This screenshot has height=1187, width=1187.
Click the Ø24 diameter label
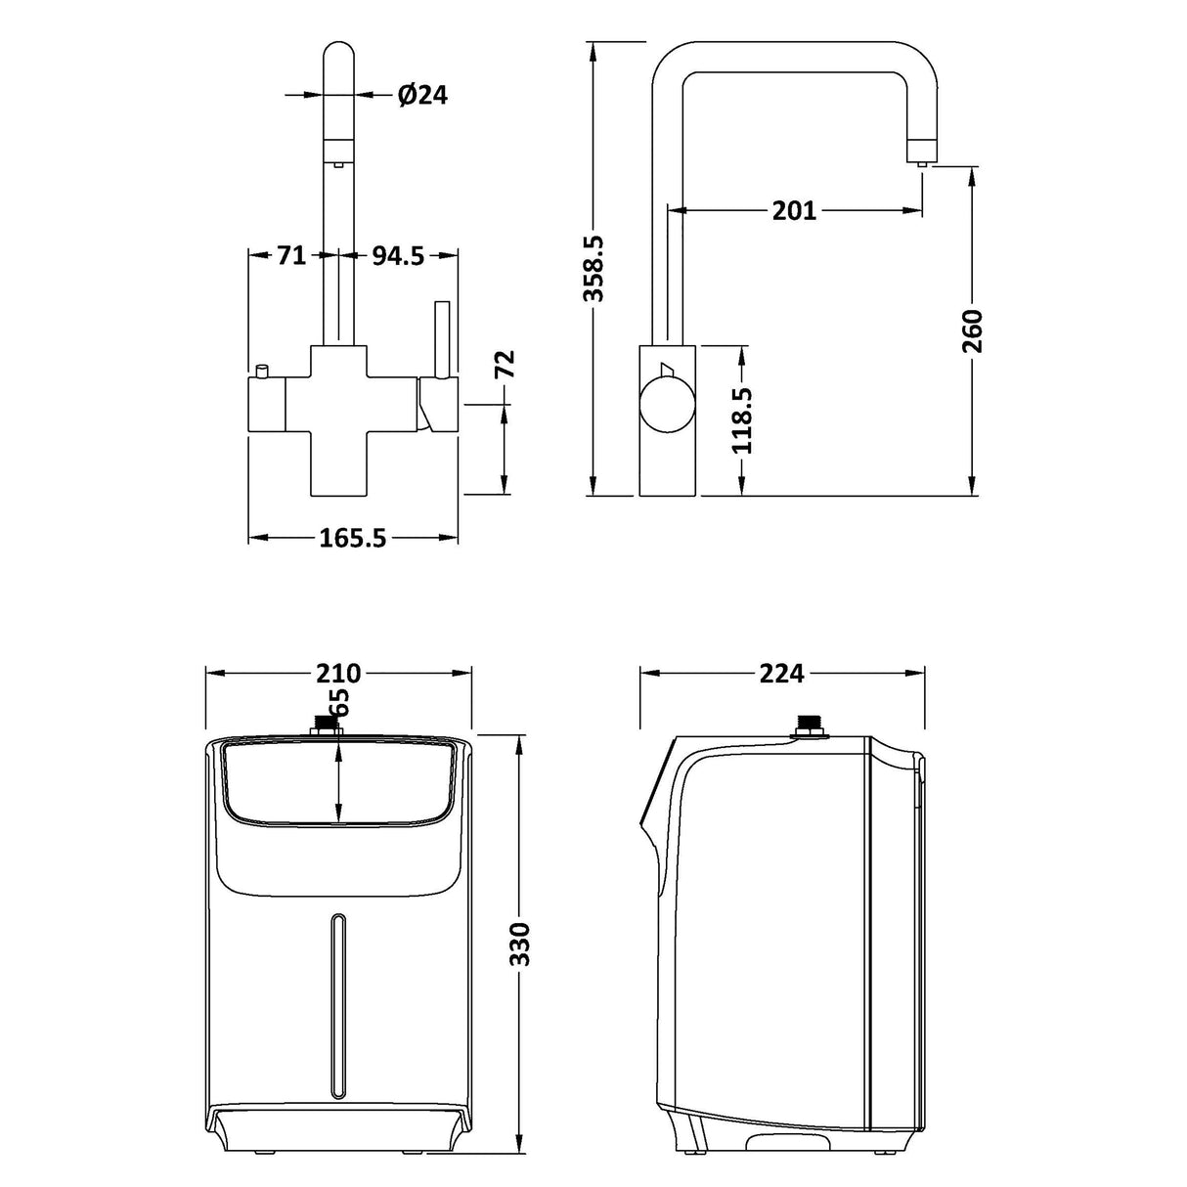click(x=422, y=95)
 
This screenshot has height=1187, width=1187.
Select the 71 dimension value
click(x=291, y=256)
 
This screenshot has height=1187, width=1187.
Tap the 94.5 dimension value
click(x=398, y=256)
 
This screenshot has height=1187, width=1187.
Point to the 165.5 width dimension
click(x=353, y=538)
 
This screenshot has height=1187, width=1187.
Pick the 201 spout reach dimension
click(x=794, y=210)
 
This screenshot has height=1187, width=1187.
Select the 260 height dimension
click(x=972, y=331)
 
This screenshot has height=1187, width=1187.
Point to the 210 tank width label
click(x=338, y=674)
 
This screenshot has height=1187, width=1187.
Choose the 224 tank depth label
click(x=782, y=674)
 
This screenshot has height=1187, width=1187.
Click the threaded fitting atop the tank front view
click(x=326, y=727)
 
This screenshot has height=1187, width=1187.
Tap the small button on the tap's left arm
click(x=262, y=373)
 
